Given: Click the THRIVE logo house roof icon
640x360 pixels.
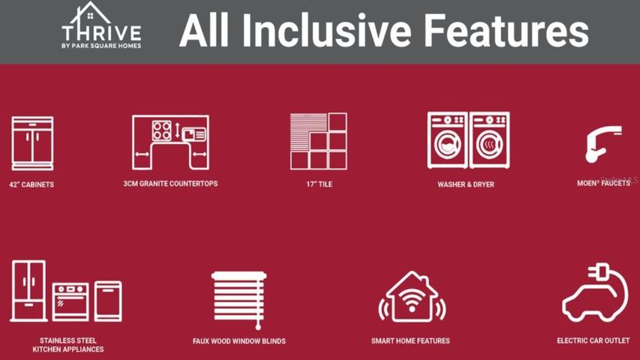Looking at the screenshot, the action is pyautogui.click(x=90, y=15).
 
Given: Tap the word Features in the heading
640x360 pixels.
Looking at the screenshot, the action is pyautogui.click(x=506, y=31).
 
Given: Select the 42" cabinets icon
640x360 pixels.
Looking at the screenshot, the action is pyautogui.click(x=33, y=143).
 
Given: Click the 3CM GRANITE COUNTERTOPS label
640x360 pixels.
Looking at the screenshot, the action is pyautogui.click(x=170, y=184).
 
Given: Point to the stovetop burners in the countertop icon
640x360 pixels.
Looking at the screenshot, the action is pyautogui.click(x=161, y=130).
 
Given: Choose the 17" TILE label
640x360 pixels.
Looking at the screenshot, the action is pyautogui.click(x=319, y=184).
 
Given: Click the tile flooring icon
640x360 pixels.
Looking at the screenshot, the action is pyautogui.click(x=318, y=141).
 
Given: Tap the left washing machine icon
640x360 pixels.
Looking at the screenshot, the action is pyautogui.click(x=447, y=140).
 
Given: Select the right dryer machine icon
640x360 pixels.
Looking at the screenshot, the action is pyautogui.click(x=489, y=140).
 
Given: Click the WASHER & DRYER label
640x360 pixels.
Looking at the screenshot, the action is pyautogui.click(x=466, y=184).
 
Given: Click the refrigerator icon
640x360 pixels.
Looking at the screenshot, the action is pyautogui.click(x=29, y=290).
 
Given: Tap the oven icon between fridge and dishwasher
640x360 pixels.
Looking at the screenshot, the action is pyautogui.click(x=71, y=301).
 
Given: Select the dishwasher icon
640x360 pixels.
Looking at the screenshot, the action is pyautogui.click(x=108, y=301).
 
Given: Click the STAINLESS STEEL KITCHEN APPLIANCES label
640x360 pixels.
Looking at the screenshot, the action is pyautogui.click(x=68, y=345).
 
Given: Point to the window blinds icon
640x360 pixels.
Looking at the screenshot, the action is pyautogui.click(x=239, y=300).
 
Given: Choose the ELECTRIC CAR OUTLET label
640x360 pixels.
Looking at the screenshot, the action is pyautogui.click(x=593, y=340).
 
